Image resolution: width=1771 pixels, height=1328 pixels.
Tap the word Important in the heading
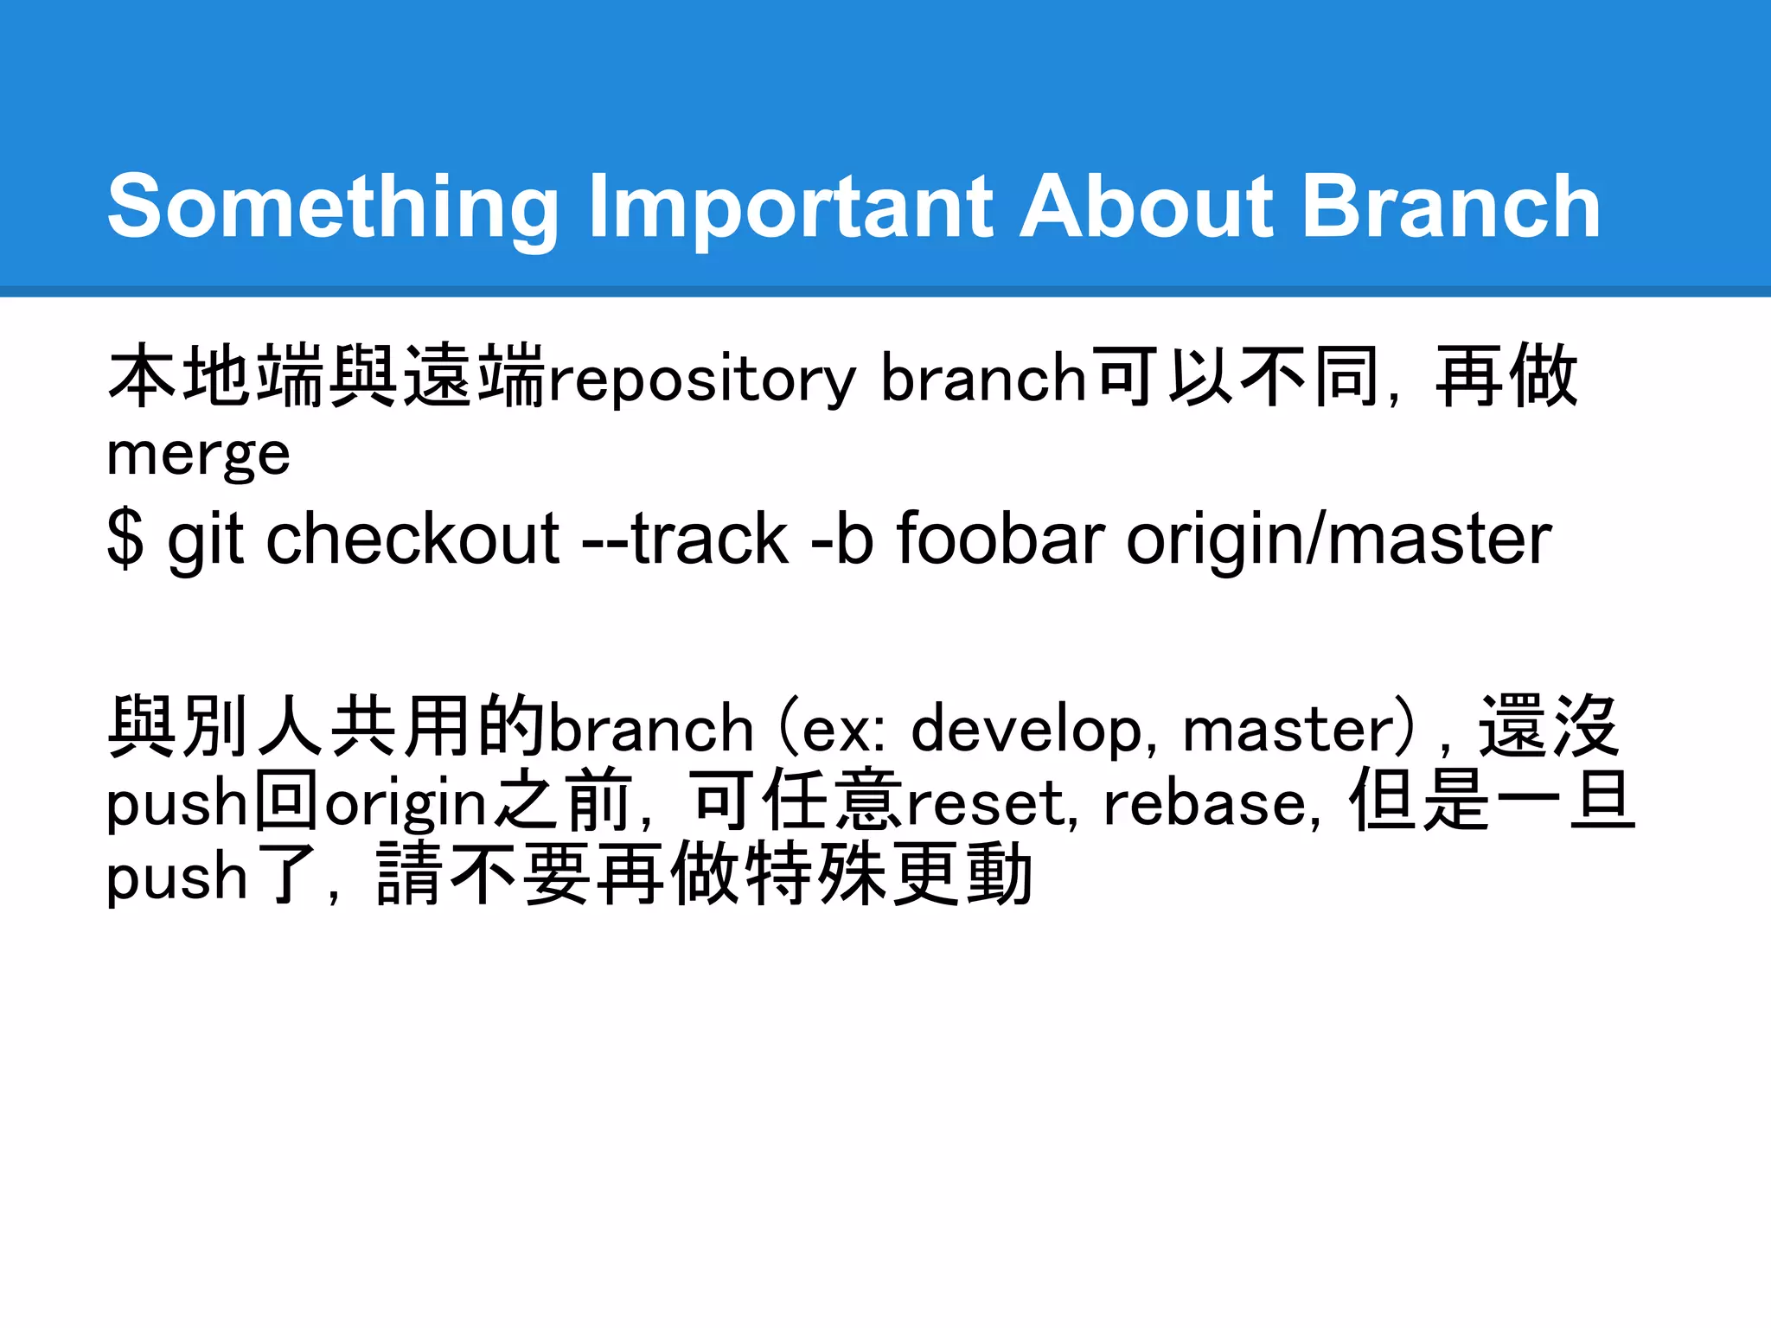790,207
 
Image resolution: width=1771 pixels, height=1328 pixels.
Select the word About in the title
1147,207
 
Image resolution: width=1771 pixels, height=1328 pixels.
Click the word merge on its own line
198,455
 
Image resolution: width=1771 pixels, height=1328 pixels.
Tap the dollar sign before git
125,539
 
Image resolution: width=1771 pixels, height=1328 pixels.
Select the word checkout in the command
413,539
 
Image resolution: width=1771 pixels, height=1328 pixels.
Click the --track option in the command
685,539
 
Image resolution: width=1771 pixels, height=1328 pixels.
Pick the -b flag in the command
842,539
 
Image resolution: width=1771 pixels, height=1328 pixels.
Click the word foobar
1001,539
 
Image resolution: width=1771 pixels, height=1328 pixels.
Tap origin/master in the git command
1339,539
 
